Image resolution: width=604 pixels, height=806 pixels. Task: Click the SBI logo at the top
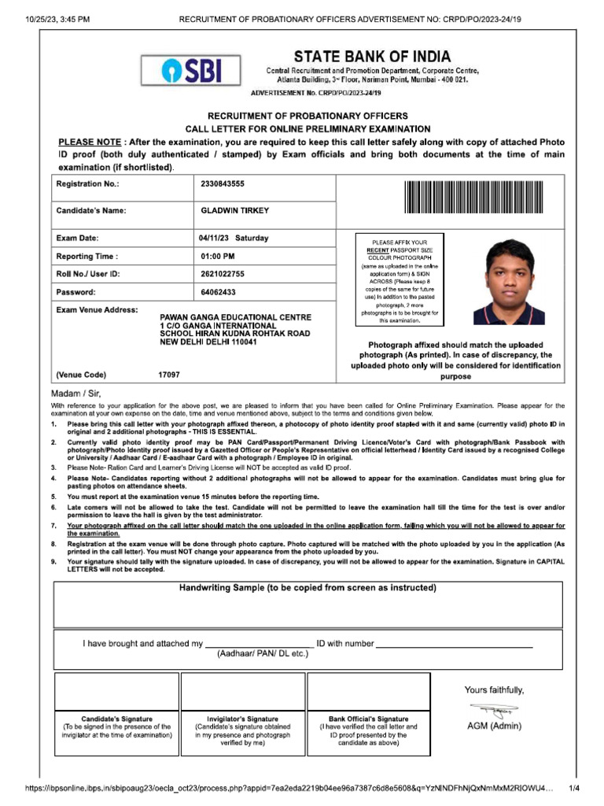[x=191, y=72]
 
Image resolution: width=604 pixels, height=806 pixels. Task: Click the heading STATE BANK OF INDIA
[x=372, y=57]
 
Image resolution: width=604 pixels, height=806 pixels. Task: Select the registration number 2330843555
[x=223, y=183]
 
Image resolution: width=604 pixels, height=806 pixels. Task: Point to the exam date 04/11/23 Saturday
[x=233, y=238]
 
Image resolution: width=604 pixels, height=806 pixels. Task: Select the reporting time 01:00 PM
[x=218, y=256]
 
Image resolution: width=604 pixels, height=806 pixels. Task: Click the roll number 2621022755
[x=223, y=274]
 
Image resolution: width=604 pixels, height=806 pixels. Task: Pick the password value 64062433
[x=218, y=292]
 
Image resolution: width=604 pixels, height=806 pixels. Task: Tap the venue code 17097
[x=169, y=375]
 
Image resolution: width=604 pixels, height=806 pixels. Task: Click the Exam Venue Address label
[x=97, y=310]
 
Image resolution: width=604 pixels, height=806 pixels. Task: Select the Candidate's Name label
[x=91, y=211]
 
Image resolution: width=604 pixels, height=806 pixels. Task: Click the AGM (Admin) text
[x=494, y=726]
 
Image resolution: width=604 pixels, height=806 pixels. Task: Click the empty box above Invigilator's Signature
[x=242, y=692]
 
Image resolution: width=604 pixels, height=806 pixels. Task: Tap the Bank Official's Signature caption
[x=369, y=719]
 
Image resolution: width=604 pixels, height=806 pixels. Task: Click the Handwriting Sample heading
[x=308, y=588]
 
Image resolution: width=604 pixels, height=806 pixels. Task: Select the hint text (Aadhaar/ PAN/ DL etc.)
[x=263, y=653]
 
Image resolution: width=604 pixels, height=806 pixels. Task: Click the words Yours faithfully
[x=494, y=690]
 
